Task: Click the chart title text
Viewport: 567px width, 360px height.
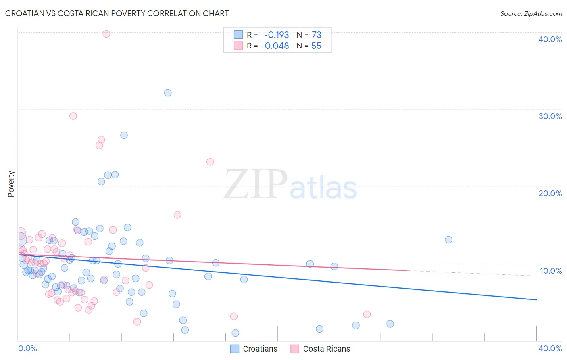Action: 117,13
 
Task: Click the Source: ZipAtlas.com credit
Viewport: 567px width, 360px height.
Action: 531,13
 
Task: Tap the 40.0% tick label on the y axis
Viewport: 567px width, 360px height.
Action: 550,39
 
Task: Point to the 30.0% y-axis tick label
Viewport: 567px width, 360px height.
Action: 550,116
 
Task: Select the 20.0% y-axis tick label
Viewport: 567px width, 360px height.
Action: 550,193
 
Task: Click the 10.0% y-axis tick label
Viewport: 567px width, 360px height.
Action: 550,271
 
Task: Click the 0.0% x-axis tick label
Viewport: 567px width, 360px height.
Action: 28,348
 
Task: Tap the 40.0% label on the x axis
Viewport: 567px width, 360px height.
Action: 550,348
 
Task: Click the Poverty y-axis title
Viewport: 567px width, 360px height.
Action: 11,184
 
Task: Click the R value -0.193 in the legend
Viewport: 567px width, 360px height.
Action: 276,35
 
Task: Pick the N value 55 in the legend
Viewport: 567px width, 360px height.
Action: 316,46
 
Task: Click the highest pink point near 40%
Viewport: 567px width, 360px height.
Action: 106,34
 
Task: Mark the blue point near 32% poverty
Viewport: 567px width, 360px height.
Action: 168,93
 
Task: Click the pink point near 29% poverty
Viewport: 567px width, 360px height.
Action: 73,116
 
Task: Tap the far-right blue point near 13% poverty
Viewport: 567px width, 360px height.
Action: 448,240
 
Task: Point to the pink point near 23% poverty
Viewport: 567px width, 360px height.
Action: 210,162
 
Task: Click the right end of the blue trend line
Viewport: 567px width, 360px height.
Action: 536,300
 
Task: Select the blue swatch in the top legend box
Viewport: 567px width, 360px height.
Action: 238,35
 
